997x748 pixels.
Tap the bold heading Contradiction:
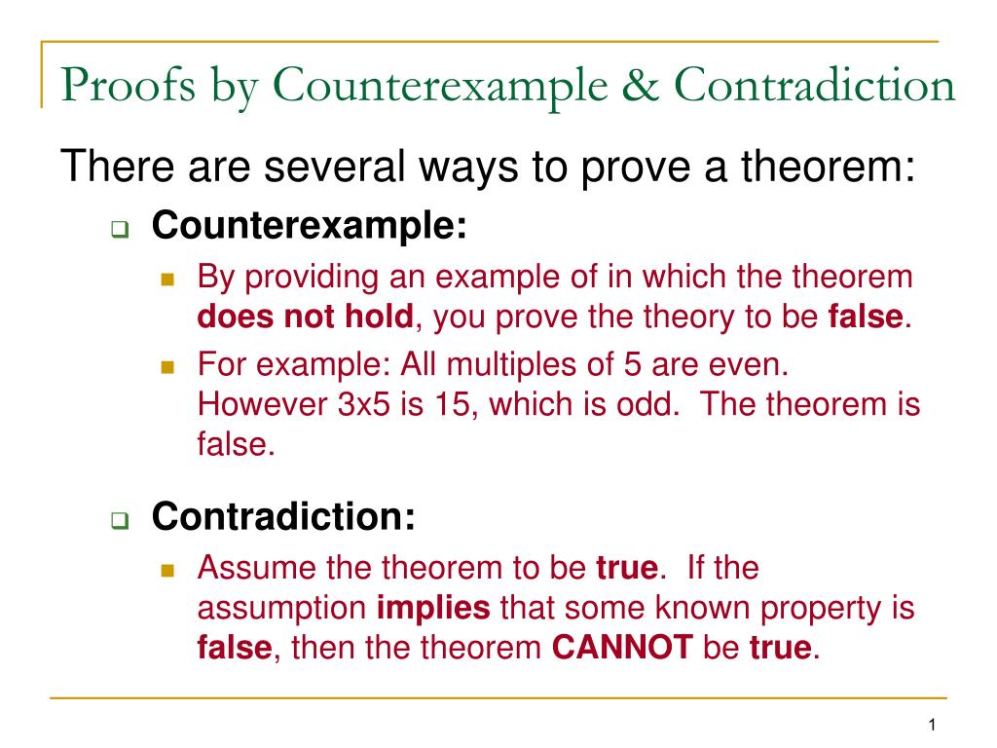pyautogui.click(x=283, y=516)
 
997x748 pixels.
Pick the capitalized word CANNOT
pyautogui.click(x=622, y=647)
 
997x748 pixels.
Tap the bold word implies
pyautogui.click(x=433, y=609)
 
